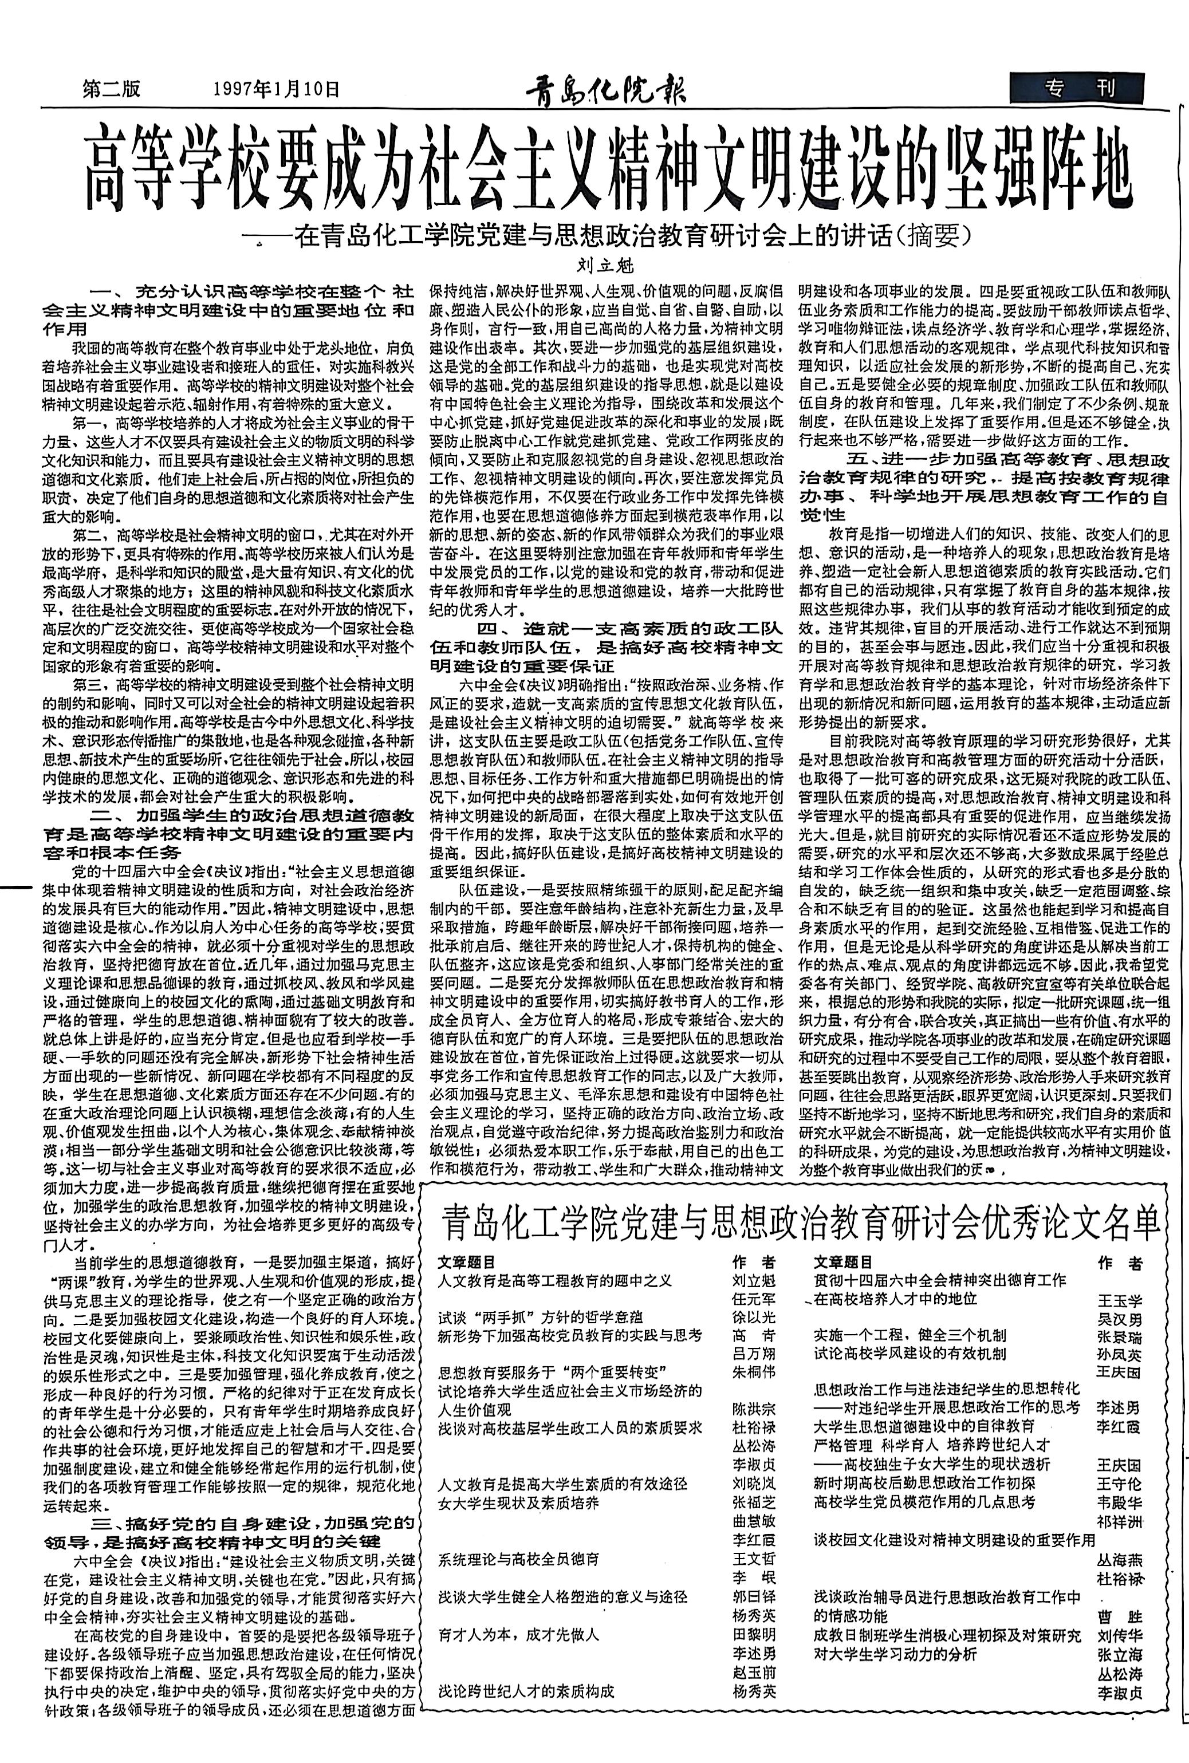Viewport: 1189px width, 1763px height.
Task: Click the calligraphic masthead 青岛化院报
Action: (x=606, y=90)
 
